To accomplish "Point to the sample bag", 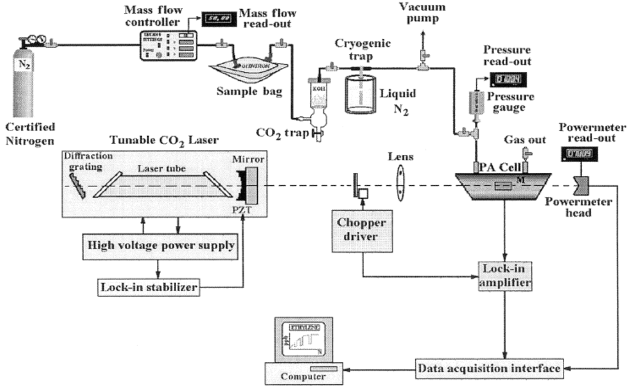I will pos(245,69).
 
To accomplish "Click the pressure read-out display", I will pos(508,78).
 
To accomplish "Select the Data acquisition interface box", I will pos(488,369).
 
